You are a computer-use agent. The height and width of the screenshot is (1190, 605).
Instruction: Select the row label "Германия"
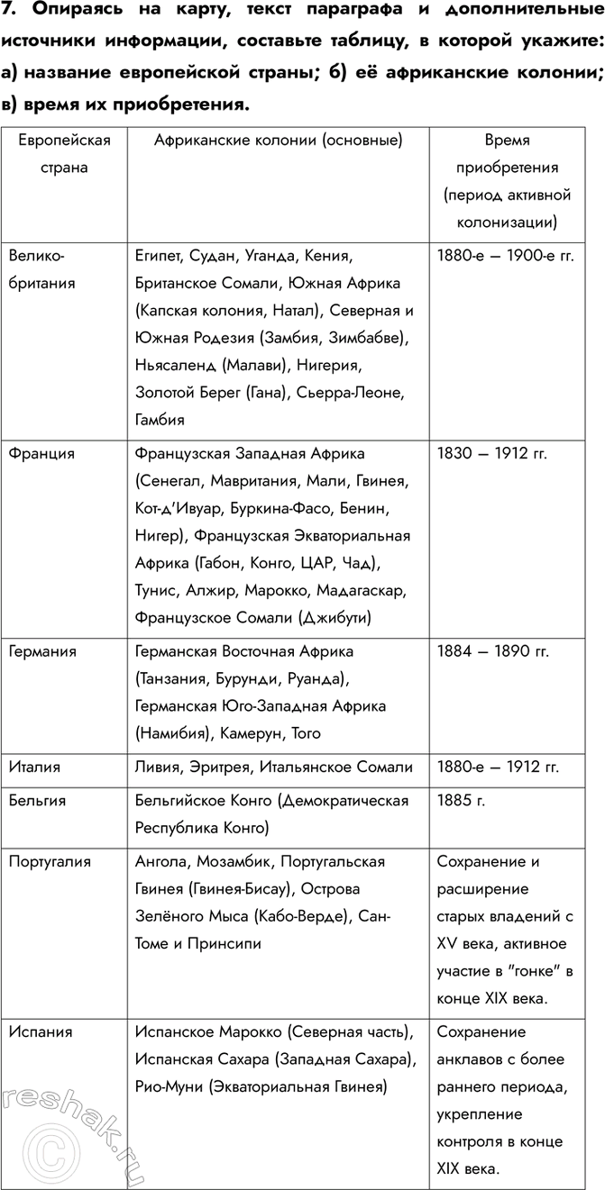tap(42, 650)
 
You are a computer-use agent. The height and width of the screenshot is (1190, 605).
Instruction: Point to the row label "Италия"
tap(34, 768)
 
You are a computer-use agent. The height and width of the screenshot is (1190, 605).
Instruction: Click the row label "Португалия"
tap(50, 862)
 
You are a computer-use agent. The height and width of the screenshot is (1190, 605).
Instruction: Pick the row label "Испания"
tap(41, 1031)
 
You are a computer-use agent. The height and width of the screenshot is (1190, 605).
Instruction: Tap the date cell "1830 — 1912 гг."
tap(492, 454)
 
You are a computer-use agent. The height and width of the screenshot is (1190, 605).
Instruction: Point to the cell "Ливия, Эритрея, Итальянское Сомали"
tap(273, 768)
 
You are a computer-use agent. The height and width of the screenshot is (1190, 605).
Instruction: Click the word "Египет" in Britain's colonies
tap(159, 255)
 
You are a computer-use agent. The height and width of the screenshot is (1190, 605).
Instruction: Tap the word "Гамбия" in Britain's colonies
tap(160, 419)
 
